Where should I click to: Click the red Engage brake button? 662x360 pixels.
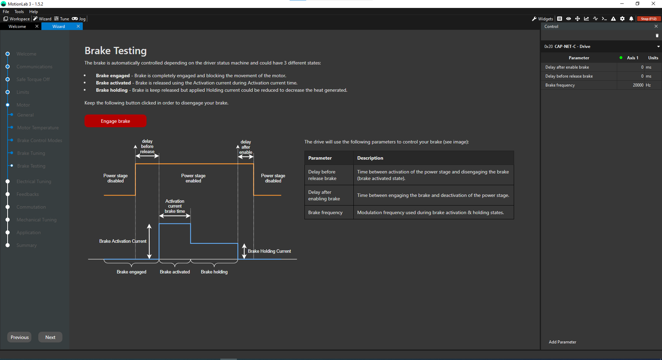point(116,121)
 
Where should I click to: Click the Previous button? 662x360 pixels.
point(20,337)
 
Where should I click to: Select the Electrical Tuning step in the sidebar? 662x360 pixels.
point(34,181)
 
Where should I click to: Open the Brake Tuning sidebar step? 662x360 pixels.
point(31,153)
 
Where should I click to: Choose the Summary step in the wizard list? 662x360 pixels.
point(27,245)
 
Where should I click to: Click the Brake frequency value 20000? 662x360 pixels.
point(638,85)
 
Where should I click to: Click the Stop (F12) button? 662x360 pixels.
point(649,19)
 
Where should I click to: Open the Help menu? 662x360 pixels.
point(33,12)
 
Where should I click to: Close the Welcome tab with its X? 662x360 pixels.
point(37,26)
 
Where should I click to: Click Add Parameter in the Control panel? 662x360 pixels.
point(562,342)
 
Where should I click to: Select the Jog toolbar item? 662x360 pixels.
point(79,19)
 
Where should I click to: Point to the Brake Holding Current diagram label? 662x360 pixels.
point(269,251)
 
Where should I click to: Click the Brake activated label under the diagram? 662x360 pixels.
point(175,272)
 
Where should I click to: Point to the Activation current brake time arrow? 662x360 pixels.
point(175,216)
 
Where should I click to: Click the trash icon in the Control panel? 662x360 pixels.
point(657,36)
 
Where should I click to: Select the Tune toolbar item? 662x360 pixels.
point(62,19)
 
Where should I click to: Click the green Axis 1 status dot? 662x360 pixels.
point(621,58)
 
